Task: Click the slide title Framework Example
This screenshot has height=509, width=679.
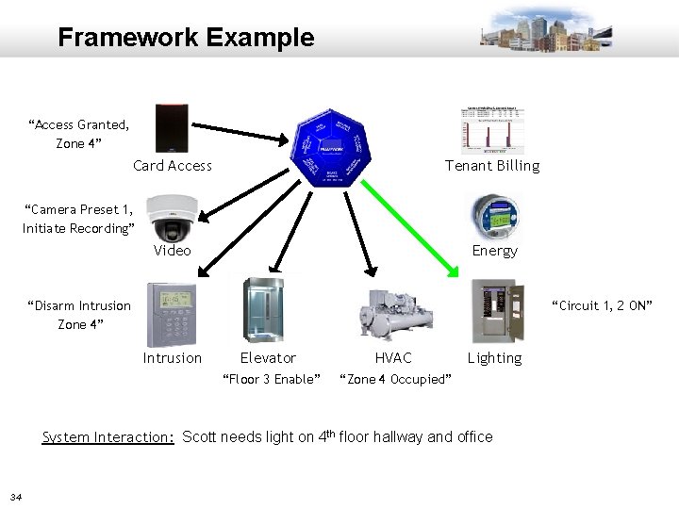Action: point(186,38)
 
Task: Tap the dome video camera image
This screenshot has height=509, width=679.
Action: point(173,216)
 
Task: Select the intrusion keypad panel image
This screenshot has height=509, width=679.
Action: point(172,315)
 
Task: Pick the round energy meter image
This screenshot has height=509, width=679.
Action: point(493,216)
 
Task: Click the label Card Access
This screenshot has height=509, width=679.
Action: point(173,166)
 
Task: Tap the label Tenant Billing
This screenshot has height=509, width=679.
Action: point(492,166)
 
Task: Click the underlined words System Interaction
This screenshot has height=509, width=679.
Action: point(108,436)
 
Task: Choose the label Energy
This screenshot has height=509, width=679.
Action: point(494,251)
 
